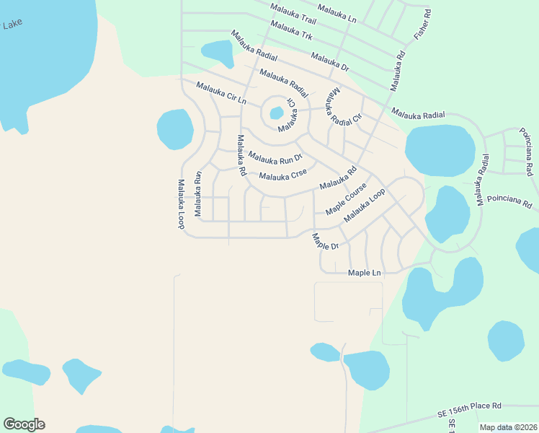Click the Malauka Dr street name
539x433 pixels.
[x=329, y=61]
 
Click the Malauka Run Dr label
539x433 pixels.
[x=275, y=157]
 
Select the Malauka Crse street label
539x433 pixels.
[x=283, y=175]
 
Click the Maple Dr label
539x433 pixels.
[x=325, y=241]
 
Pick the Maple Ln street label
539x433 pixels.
[x=364, y=273]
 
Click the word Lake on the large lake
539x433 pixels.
[x=12, y=25]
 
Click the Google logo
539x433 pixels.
[x=24, y=424]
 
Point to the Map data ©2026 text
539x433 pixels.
[x=507, y=427]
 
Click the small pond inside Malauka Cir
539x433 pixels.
[x=276, y=113]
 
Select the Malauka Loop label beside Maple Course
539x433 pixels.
[x=365, y=205]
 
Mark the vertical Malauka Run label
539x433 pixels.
[x=197, y=185]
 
